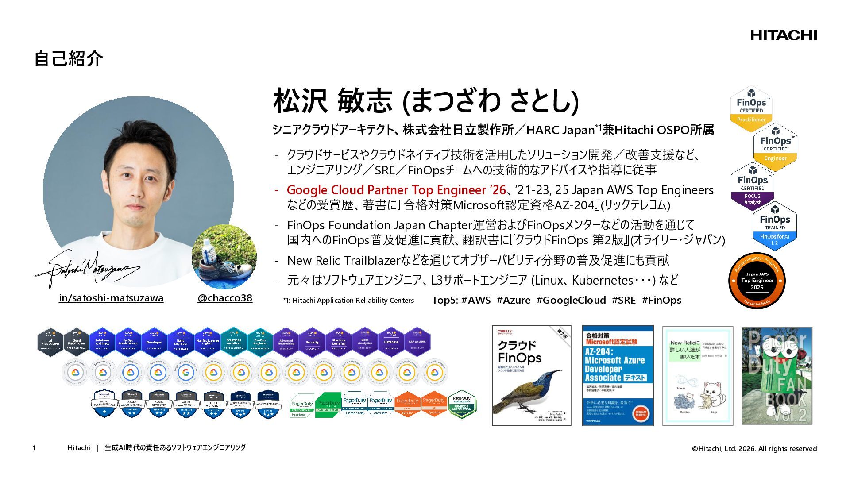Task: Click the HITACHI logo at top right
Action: coord(783,35)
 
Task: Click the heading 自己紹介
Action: coord(69,59)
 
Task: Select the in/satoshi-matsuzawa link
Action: coord(111,298)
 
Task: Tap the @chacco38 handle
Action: coord(225,298)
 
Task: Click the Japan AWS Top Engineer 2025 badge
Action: coord(757,281)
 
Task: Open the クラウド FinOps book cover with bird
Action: coord(532,376)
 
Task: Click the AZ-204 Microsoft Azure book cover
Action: coord(618,376)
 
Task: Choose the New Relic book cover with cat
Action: coord(697,376)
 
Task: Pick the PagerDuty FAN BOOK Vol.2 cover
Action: coord(777,376)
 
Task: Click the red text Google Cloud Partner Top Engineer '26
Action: coord(396,190)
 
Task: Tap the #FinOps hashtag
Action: coord(661,301)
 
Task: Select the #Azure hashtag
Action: coord(514,301)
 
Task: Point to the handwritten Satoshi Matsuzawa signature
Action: coord(86,269)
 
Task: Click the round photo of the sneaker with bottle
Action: coord(224,257)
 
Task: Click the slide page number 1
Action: coord(34,448)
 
